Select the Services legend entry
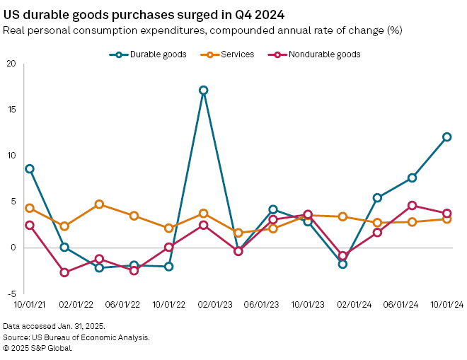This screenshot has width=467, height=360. [x=233, y=54]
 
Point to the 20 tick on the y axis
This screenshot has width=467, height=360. [x=10, y=64]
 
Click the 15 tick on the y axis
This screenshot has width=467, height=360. [x=10, y=110]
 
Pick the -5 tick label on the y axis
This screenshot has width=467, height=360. [x=10, y=294]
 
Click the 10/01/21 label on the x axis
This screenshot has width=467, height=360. [x=30, y=304]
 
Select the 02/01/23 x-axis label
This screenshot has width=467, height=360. [x=203, y=304]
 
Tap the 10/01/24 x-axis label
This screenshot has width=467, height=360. [x=446, y=304]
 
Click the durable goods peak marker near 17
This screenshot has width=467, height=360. [x=204, y=91]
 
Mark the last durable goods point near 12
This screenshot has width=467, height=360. [x=447, y=137]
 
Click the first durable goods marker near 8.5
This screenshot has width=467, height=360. [x=30, y=168]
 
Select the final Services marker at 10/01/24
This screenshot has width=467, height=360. [x=447, y=219]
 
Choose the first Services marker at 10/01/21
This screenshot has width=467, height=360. [x=30, y=208]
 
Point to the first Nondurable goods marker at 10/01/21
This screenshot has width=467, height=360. [x=30, y=225]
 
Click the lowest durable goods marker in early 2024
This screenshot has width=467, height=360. [x=342, y=264]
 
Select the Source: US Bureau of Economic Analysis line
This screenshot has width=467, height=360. [x=76, y=337]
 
